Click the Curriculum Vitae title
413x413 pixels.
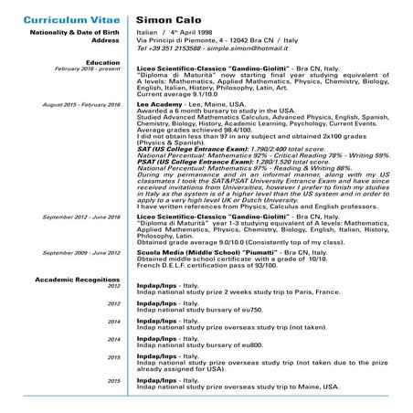(63, 17)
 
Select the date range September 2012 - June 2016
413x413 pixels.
(81, 217)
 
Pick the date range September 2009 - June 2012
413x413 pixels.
(81, 251)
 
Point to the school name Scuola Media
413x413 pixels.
(159, 251)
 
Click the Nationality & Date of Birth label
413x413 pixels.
(73, 33)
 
